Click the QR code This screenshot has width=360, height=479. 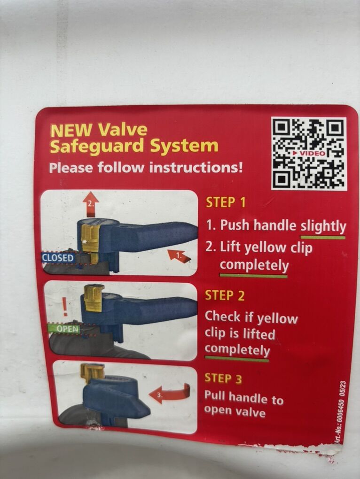[309, 154]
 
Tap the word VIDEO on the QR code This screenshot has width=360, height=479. [309, 153]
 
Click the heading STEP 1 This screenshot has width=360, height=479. [226, 202]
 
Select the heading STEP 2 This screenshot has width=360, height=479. [225, 295]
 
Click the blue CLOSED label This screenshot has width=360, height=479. [58, 258]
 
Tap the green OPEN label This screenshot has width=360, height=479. [63, 329]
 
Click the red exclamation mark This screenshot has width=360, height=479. [65, 307]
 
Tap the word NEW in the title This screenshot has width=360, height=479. [71, 131]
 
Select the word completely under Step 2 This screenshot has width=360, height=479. [237, 349]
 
